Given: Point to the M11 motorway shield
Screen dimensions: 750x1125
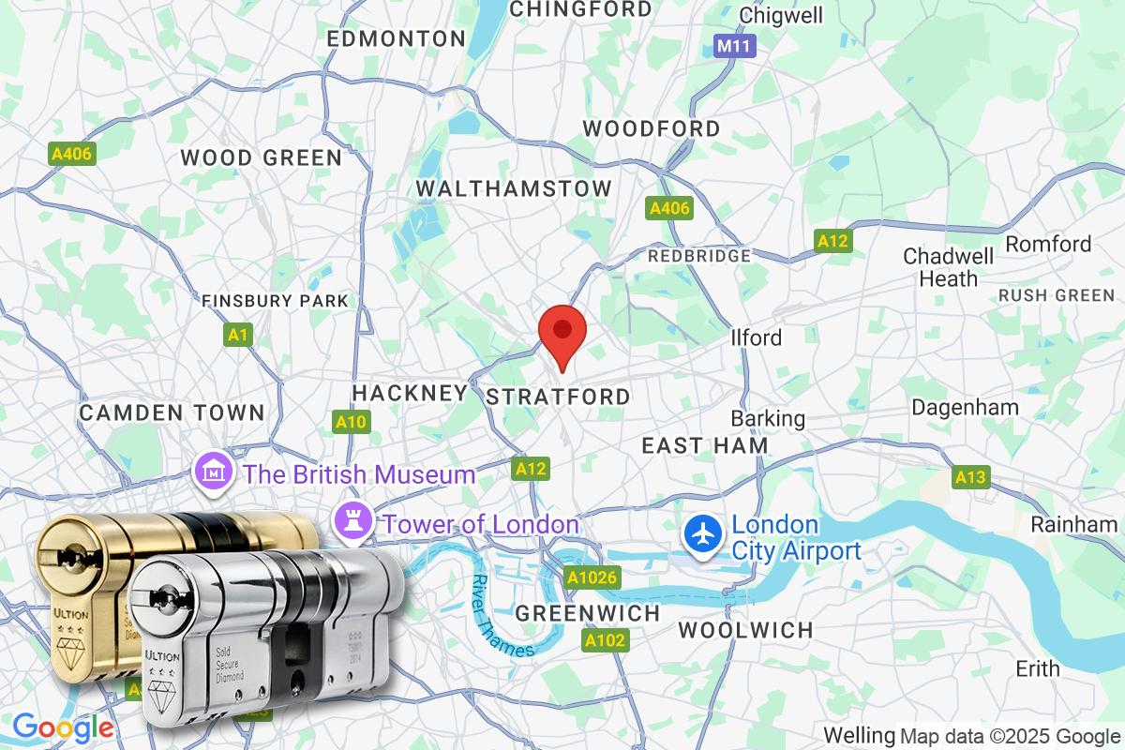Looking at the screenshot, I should coord(734,46).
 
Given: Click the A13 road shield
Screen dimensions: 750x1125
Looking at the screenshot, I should coord(970,478).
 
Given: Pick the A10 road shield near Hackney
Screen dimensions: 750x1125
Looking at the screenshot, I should coord(351,422).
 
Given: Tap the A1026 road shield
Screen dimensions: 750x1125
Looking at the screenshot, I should coord(592,577).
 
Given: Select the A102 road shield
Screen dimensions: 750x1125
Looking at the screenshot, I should coord(605,640).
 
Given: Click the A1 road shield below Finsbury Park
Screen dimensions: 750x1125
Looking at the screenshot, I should coord(239,334).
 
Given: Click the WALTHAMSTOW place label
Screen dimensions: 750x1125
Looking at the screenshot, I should coord(514,188).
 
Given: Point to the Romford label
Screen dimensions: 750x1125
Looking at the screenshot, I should coord(1048,244).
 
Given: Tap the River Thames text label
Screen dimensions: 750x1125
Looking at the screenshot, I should coord(502,615).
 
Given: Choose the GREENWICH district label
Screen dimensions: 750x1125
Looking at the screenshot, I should coord(588,613).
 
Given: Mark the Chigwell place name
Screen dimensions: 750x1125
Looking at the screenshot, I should coord(780,15).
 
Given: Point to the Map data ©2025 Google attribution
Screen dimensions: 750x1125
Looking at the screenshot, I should coord(1010,736).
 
